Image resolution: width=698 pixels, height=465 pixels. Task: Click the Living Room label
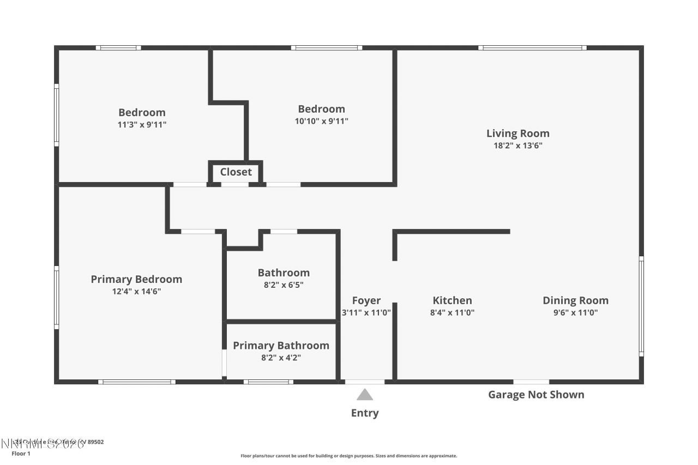pos(518,134)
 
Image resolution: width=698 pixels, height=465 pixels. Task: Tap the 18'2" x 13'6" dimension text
pos(518,146)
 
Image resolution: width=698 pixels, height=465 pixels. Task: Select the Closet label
pos(236,172)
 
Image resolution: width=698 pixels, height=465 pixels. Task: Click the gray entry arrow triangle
pos(365,395)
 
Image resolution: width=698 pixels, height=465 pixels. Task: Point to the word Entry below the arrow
pos(365,413)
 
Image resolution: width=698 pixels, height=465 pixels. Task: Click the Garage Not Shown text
pos(535,395)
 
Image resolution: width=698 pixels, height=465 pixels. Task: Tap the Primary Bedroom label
pos(136,279)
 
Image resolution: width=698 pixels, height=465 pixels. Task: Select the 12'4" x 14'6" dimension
pos(136,291)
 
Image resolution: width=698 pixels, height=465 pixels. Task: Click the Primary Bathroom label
pos(281,346)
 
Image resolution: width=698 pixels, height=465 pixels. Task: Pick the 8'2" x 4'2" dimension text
pos(281,358)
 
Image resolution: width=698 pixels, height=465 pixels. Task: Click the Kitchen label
pos(452,300)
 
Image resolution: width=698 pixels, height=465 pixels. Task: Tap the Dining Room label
pos(575,300)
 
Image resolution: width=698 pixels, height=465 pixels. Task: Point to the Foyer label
pos(366,300)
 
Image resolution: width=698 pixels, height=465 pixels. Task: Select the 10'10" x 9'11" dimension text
pos(321,121)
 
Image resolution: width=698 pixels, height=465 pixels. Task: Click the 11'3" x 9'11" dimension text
pos(142,124)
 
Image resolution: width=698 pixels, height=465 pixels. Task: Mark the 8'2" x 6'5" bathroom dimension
pos(284,285)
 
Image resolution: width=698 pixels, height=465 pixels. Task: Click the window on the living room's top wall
pos(532,48)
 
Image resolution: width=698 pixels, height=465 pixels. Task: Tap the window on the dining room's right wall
pos(641,306)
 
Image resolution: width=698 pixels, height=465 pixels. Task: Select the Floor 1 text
pos(21,454)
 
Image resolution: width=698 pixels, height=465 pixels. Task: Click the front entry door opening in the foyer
pos(365,382)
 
